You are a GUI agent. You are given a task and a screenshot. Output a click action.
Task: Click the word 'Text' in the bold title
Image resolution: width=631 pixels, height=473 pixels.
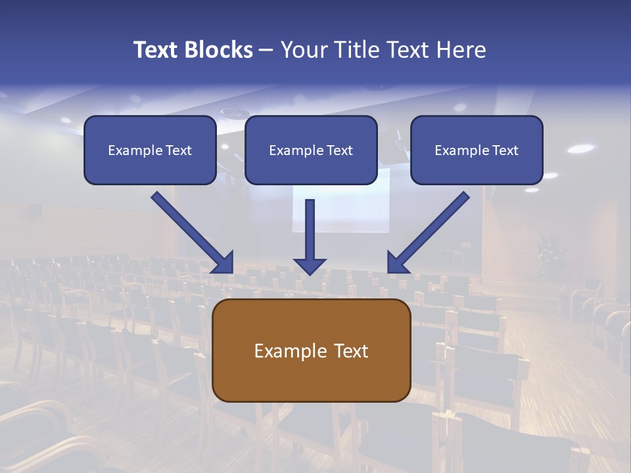click(155, 50)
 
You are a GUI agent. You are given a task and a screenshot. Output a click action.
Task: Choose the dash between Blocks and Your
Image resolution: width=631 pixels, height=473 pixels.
click(266, 51)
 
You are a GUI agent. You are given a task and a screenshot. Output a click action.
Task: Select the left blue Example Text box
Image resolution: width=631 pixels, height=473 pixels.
click(150, 150)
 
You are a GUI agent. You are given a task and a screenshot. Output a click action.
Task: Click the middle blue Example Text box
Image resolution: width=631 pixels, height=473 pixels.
click(311, 150)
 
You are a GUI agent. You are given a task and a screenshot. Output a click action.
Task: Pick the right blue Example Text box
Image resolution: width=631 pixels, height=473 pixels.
click(477, 150)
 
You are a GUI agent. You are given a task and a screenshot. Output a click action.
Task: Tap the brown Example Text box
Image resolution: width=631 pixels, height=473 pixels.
click(312, 350)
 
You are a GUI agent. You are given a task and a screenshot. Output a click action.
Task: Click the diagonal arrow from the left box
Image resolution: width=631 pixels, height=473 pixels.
click(187, 229)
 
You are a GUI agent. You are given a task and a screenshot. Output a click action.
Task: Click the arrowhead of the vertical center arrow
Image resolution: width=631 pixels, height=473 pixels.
click(310, 265)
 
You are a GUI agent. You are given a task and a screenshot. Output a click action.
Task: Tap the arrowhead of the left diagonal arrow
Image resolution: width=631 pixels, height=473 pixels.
click(223, 263)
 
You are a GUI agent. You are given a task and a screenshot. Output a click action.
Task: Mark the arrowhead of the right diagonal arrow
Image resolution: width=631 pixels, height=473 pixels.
click(397, 263)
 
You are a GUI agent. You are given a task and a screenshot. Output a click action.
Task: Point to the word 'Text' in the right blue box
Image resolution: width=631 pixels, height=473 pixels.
click(505, 150)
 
